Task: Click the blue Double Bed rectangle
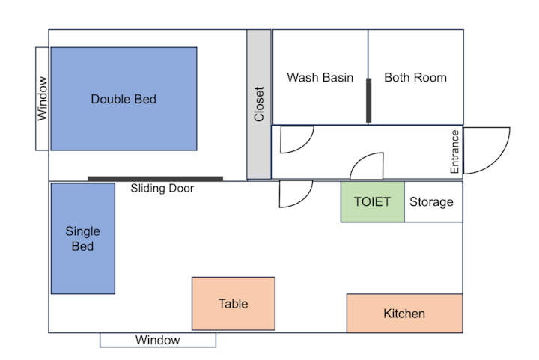(x=124, y=99)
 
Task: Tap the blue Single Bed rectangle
(x=83, y=239)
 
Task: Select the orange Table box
(x=234, y=304)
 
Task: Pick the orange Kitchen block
(x=404, y=314)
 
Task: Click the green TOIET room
(x=373, y=201)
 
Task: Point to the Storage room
(x=433, y=201)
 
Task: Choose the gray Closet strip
(x=259, y=104)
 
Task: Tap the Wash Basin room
(x=320, y=77)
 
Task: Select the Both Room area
(x=415, y=77)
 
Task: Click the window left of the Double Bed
(x=42, y=99)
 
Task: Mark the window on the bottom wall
(x=158, y=340)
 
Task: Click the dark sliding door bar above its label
(x=156, y=179)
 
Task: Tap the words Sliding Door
(x=162, y=189)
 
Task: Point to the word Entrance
(x=454, y=151)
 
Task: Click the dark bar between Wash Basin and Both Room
(x=368, y=100)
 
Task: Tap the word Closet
(x=259, y=104)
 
